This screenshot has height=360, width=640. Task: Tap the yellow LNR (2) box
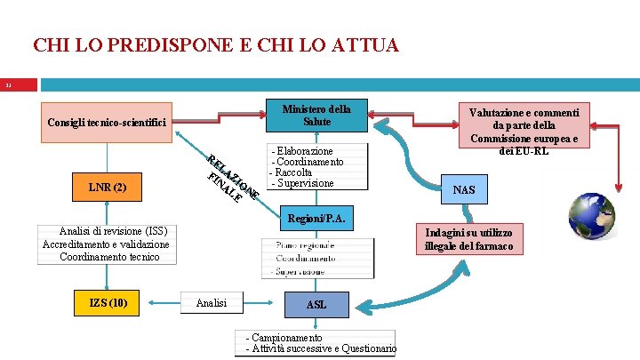click(108, 188)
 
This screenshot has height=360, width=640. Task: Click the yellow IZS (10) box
click(108, 303)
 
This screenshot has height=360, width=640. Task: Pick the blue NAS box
click(463, 190)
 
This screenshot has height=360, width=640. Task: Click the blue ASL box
click(316, 305)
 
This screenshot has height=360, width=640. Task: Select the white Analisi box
click(211, 303)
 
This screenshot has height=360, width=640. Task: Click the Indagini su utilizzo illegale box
click(468, 238)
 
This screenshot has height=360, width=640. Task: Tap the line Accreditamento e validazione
click(105, 244)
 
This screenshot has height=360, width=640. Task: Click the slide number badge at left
click(18, 85)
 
